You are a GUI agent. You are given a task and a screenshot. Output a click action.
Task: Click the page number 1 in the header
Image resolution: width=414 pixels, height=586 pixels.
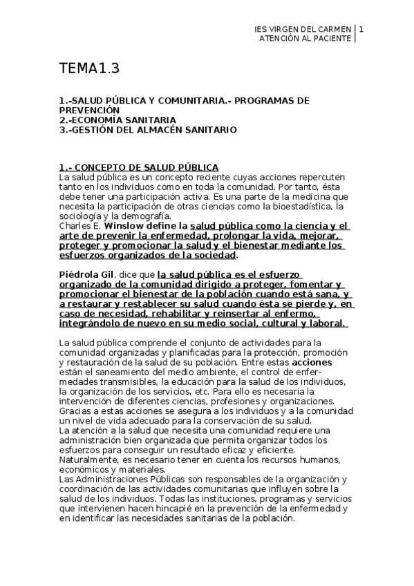tap(361, 29)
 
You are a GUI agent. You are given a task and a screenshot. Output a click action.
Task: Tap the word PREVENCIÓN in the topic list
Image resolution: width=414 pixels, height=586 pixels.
tap(90, 110)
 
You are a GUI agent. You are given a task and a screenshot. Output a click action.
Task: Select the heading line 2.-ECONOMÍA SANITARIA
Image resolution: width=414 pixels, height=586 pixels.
tap(117, 120)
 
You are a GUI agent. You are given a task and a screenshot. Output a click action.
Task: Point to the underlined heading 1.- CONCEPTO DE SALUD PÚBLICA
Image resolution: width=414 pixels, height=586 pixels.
tap(139, 167)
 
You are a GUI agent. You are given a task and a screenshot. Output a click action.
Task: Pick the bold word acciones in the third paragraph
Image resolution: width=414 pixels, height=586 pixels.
tap(312, 362)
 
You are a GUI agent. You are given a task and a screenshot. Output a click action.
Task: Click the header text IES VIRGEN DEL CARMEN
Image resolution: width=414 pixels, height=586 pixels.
tap(303, 29)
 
